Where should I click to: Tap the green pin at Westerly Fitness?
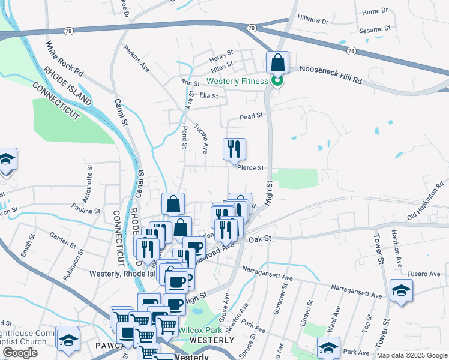tap(277, 80)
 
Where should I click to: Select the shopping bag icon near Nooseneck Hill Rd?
tap(278, 62)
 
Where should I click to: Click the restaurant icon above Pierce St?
tap(234, 149)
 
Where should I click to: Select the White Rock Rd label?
tap(64, 58)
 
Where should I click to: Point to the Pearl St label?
tap(252, 116)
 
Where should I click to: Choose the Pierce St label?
tap(250, 168)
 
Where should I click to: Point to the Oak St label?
tap(261, 239)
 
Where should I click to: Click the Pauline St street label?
tap(85, 210)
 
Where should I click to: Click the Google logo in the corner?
tap(19, 353)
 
